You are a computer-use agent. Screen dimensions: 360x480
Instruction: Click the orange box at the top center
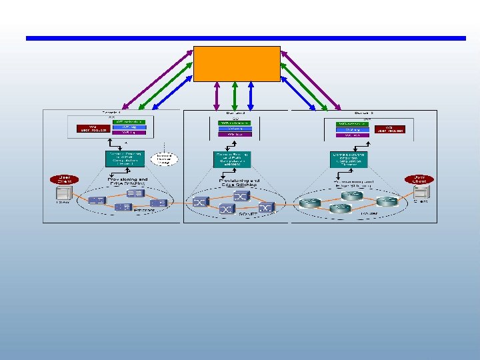[x=237, y=64]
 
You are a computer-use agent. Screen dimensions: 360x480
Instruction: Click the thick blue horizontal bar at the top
[x=245, y=38]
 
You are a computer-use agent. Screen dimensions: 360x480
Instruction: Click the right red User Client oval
[x=419, y=179]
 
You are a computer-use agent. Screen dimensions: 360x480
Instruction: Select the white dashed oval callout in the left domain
[x=163, y=159]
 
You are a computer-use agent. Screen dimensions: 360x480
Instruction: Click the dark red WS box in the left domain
[x=93, y=128]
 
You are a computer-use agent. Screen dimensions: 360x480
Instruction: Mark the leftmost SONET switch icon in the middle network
[x=200, y=201]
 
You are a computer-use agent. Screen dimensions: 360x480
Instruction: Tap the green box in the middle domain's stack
[x=235, y=122]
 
